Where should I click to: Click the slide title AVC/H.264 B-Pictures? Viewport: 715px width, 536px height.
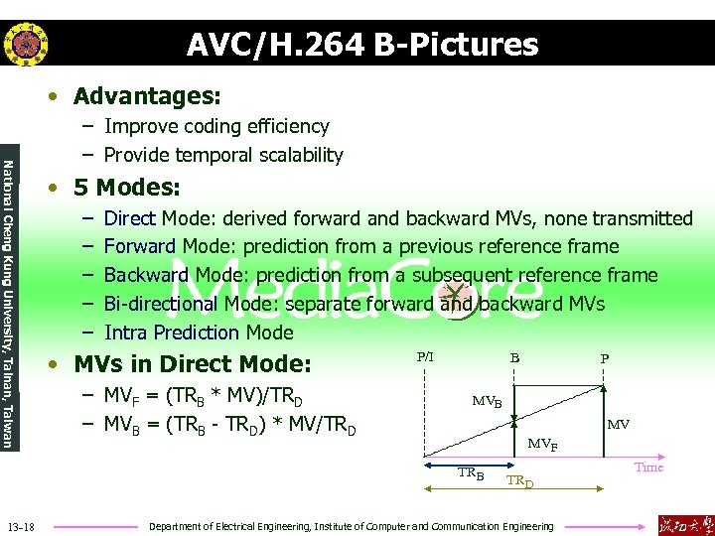361,45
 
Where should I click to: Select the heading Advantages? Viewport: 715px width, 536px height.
147,96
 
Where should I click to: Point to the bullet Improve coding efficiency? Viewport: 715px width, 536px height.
216,126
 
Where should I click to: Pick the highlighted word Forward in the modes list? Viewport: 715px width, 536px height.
139,246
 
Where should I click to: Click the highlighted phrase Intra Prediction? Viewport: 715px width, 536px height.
172,333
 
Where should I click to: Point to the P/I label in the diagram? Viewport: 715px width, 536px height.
425,355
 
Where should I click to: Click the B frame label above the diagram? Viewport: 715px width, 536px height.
514,356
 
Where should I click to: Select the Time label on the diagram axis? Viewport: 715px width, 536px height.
648,468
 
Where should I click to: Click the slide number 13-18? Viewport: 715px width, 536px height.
20,525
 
